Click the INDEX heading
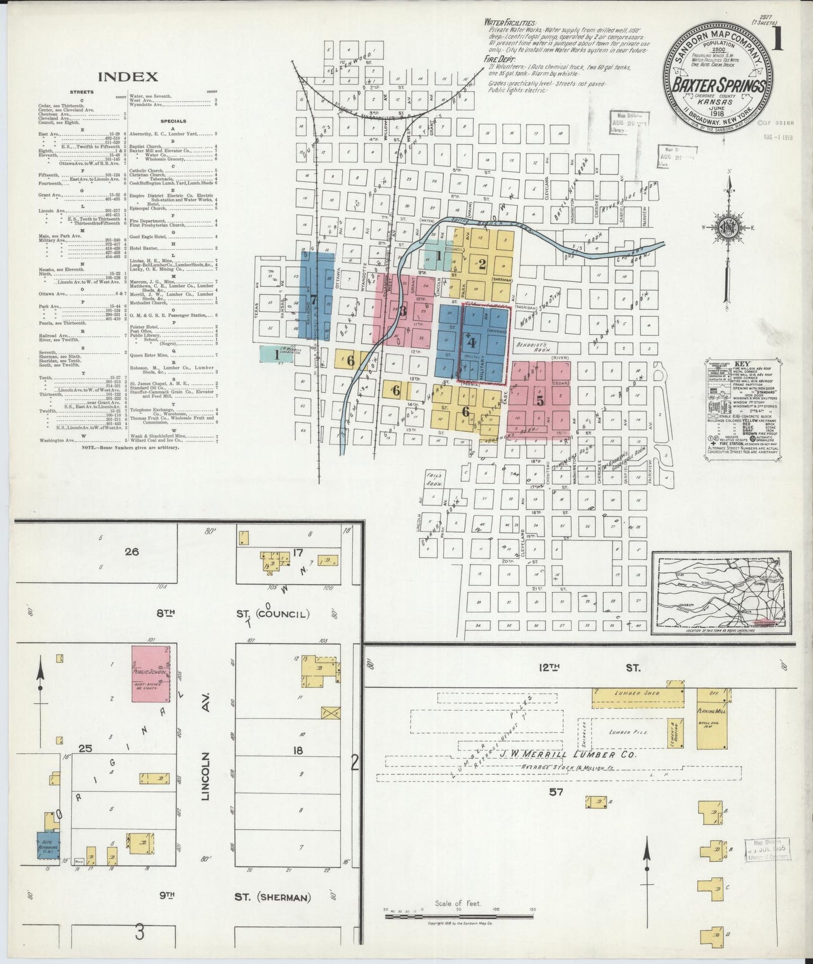pyautogui.click(x=128, y=76)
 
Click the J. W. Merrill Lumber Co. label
pyautogui.click(x=567, y=754)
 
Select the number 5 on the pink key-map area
pyautogui.click(x=540, y=401)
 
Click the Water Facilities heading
pyautogui.click(x=510, y=24)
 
